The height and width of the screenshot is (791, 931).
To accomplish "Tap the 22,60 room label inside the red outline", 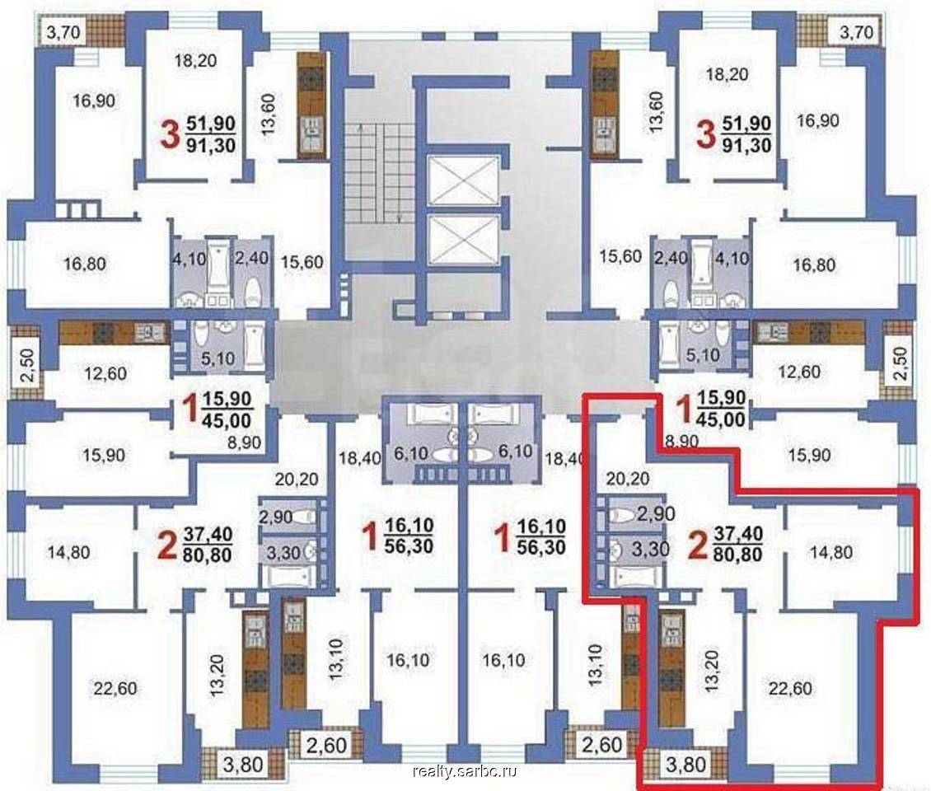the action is (x=790, y=688).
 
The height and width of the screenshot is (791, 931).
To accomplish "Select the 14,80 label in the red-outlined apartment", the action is (x=831, y=552).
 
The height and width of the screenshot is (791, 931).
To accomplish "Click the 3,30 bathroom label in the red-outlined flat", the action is (x=650, y=548).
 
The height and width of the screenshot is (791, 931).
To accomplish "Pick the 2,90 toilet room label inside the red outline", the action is (x=656, y=513).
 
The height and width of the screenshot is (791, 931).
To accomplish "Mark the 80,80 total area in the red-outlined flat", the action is (x=738, y=554).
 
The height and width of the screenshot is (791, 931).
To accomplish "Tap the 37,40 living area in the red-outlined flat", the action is (x=738, y=535).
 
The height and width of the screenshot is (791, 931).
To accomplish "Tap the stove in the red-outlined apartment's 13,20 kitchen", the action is (x=671, y=680).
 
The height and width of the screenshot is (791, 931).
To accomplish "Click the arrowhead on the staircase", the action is (x=400, y=218).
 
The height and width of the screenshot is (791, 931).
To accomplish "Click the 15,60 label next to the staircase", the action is (x=302, y=261).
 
